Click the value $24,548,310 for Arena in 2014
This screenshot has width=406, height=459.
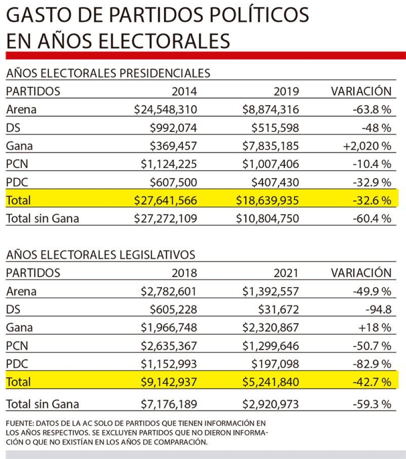pyautogui.click(x=166, y=110)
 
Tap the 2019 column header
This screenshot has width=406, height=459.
pyautogui.click(x=286, y=91)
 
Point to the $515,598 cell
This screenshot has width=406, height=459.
pyautogui.click(x=275, y=128)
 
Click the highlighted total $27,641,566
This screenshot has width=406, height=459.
pyautogui.click(x=166, y=200)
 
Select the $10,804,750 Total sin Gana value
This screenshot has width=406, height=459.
pyautogui.click(x=268, y=219)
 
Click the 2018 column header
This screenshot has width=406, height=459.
pyautogui.click(x=184, y=273)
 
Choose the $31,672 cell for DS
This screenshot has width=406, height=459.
pyautogui.click(x=279, y=310)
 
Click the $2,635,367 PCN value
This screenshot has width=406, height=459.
pyautogui.click(x=169, y=346)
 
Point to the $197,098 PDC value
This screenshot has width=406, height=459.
pyautogui.click(x=275, y=364)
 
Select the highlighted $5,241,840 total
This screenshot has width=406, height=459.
pyautogui.click(x=271, y=382)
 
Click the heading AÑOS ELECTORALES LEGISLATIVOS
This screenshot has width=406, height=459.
pyautogui.click(x=101, y=254)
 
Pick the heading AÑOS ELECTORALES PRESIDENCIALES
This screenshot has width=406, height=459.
pyautogui.click(x=108, y=73)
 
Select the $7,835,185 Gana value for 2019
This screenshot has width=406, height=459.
pyautogui.click(x=271, y=146)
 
